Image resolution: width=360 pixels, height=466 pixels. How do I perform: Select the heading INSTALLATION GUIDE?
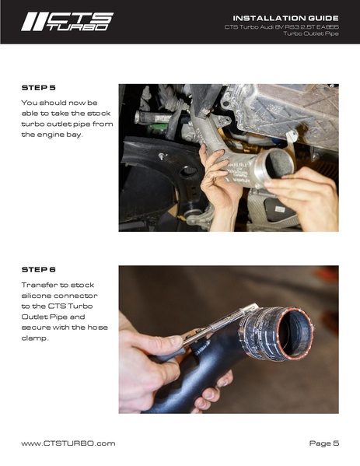coord(285,17)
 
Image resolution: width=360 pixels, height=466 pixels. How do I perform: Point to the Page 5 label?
coord(323,443)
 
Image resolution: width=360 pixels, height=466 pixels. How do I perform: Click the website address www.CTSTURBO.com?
coord(68,443)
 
